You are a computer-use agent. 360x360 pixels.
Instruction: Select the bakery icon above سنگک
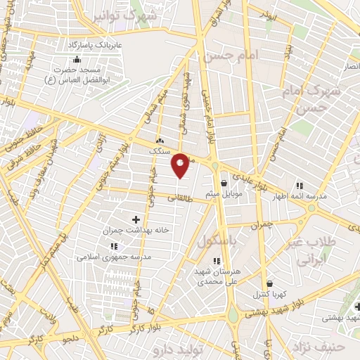[x=160, y=140]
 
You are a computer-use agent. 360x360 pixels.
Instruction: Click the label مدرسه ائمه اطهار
[x=300, y=198]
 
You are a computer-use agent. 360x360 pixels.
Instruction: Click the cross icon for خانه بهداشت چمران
[x=136, y=220]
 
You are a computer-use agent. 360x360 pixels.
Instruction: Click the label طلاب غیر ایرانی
[x=314, y=252]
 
